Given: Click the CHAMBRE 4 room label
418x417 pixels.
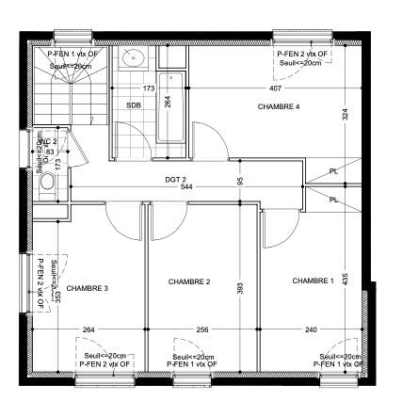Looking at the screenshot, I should [x=278, y=107].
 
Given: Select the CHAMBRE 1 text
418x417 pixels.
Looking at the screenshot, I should [x=312, y=281].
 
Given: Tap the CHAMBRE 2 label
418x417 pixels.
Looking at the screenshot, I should [x=188, y=281].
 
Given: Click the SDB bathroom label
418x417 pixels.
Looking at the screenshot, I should [x=134, y=105].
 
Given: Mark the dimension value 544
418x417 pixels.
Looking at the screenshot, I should [x=186, y=186].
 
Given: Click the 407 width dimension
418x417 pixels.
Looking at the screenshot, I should [x=275, y=88].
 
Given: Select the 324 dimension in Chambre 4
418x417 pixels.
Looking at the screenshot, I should [x=346, y=114].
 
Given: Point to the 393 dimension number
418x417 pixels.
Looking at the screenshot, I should [x=240, y=286].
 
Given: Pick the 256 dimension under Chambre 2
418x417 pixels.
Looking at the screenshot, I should [x=201, y=330].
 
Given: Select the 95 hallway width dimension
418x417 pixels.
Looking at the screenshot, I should [x=240, y=181].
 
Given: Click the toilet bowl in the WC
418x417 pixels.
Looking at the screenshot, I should [x=46, y=183].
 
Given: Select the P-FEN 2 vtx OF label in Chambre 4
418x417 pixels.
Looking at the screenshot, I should [x=302, y=55].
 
